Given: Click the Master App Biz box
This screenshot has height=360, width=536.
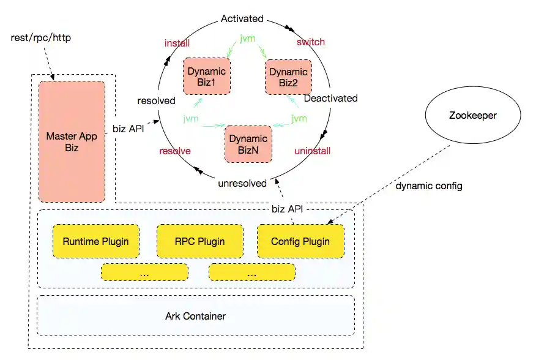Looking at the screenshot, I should click(x=72, y=141).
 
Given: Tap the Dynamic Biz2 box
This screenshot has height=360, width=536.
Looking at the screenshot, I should click(x=288, y=77).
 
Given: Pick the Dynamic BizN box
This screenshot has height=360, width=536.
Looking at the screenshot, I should click(x=248, y=144).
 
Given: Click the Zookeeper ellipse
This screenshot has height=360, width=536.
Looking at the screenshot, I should click(x=472, y=114).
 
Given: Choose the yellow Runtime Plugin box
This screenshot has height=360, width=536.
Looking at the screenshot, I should click(x=95, y=241).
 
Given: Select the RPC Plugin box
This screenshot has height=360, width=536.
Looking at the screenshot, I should click(x=199, y=241).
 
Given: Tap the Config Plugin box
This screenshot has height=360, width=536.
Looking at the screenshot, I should click(x=300, y=241).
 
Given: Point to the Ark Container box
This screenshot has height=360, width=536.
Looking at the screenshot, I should click(x=196, y=316).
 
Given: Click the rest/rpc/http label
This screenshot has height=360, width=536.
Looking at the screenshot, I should click(x=41, y=38).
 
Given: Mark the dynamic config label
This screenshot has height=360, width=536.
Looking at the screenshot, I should click(x=428, y=186).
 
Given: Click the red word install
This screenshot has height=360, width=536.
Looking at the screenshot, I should click(x=177, y=43).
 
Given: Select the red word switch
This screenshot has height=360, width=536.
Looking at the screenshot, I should click(x=311, y=42).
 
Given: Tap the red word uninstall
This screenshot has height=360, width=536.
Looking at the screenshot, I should click(x=313, y=151).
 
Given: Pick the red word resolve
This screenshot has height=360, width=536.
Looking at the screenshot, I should click(x=175, y=151).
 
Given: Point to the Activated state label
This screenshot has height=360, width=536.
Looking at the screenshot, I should click(x=242, y=19).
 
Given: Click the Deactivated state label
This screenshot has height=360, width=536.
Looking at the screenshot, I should click(x=330, y=98).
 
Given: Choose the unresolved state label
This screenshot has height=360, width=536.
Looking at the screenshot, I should click(x=242, y=183).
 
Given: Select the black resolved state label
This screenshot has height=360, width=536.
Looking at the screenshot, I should click(x=156, y=100).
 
